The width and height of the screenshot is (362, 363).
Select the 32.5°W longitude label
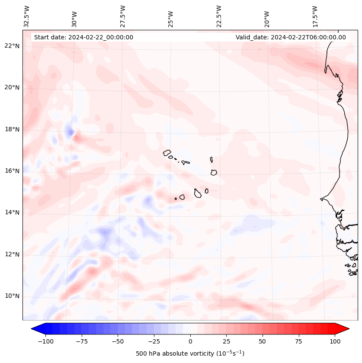(27, 16)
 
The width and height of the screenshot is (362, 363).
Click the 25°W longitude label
(171, 16)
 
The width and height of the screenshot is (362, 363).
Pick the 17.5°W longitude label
(315, 16)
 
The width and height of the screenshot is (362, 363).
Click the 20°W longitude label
(267, 16)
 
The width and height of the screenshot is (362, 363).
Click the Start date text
(83, 37)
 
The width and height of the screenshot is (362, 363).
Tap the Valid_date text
(291, 37)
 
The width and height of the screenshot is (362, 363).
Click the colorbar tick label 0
(190, 341)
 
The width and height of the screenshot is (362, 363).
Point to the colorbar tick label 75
(298, 341)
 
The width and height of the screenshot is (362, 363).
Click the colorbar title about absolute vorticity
(190, 353)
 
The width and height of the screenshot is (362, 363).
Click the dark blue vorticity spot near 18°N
(70, 131)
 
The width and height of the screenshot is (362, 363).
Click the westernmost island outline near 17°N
(167, 152)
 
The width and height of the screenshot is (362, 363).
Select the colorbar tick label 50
(263, 341)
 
